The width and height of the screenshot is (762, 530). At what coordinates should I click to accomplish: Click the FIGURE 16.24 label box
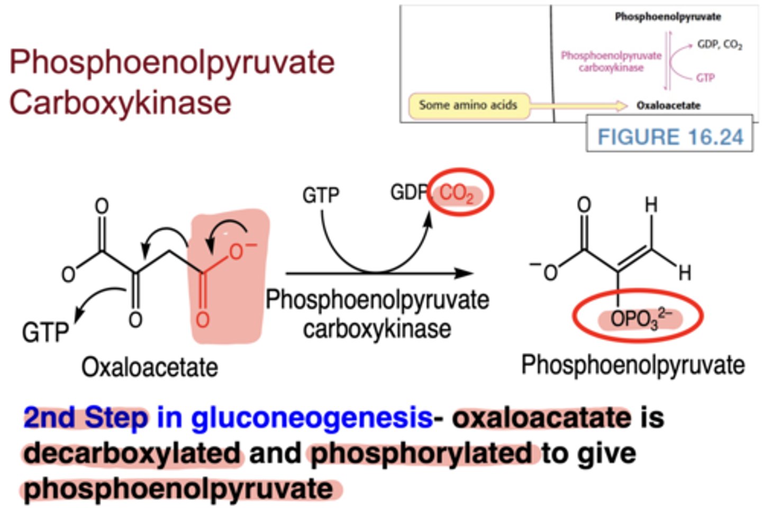669,136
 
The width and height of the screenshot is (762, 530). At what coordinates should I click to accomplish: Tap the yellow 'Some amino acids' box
468,105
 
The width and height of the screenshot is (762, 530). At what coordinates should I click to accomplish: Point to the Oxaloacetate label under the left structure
149,367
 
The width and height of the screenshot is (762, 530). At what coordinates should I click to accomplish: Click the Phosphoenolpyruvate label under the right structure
633,365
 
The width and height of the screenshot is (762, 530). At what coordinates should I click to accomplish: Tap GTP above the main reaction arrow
321,195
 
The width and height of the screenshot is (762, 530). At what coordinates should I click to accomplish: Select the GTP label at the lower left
46,333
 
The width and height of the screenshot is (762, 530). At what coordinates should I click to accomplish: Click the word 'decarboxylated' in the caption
132,453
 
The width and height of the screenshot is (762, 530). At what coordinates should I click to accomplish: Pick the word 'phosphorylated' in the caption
421,453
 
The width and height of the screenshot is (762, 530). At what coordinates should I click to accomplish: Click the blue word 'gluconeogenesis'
312,418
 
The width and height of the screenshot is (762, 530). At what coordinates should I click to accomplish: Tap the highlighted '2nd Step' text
86,418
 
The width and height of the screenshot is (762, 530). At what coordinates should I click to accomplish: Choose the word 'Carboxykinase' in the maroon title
120,103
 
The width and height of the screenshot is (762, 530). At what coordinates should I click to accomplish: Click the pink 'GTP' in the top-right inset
705,78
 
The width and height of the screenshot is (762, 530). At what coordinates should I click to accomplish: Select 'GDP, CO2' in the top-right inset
720,44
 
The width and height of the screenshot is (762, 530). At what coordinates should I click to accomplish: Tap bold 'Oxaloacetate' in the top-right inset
668,105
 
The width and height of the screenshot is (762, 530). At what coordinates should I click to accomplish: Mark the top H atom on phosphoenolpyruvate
651,205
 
